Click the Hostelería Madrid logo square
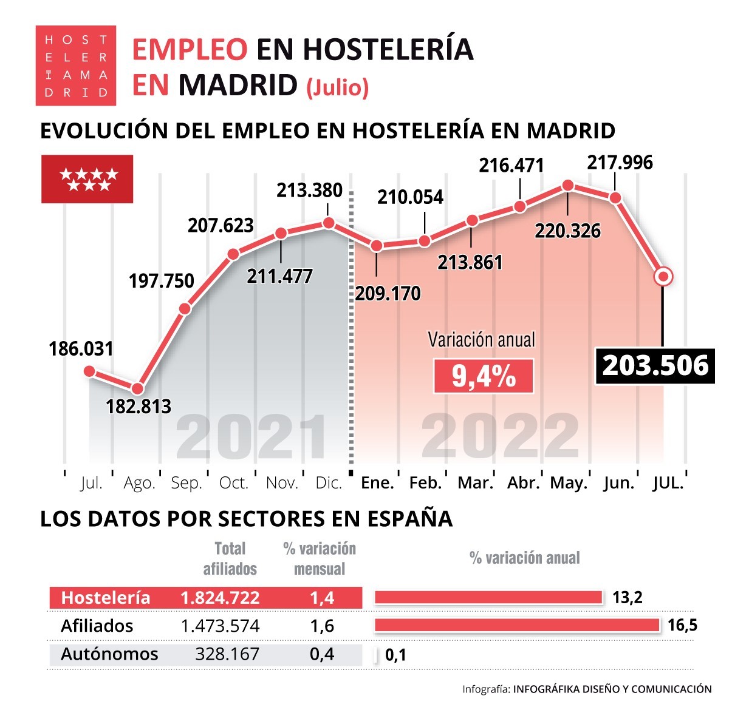pyautogui.click(x=76, y=66)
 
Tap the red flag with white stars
pyautogui.click(x=87, y=179)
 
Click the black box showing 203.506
pyautogui.click(x=655, y=366)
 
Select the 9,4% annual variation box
pyautogui.click(x=484, y=376)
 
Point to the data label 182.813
pyautogui.click(x=139, y=406)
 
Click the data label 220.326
pyautogui.click(x=567, y=231)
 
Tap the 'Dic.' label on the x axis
pyautogui.click(x=329, y=483)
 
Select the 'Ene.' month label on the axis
pyautogui.click(x=377, y=483)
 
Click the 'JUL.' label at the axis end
pyautogui.click(x=668, y=483)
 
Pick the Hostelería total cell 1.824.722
pyautogui.click(x=220, y=598)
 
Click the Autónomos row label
pyautogui.click(x=109, y=654)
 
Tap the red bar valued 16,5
pyautogui.click(x=517, y=625)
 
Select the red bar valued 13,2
pyautogui.click(x=488, y=597)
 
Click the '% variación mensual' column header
pyautogui.click(x=320, y=558)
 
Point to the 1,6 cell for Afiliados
pyautogui.click(x=322, y=626)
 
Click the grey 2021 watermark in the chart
pyautogui.click(x=251, y=438)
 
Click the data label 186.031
pyautogui.click(x=81, y=349)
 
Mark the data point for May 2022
pyautogui.click(x=567, y=186)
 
